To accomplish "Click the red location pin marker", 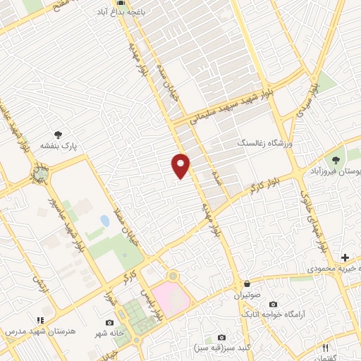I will (181, 165).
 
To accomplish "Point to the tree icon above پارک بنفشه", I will (57, 133).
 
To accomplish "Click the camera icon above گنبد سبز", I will (222, 337).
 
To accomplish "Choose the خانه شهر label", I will (109, 332).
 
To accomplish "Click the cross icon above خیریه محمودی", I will (345, 257).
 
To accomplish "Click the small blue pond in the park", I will (105, 221).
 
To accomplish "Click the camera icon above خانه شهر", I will (109, 322).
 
